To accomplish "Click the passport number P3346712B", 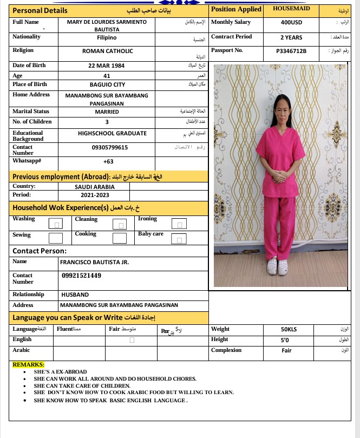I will (291, 51).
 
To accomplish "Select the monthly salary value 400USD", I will (291, 23).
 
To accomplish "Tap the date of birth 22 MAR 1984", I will (107, 66).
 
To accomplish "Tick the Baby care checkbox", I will (179, 238).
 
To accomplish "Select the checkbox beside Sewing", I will (55, 238).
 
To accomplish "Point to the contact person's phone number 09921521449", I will (82, 276).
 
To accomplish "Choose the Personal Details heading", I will (40, 10).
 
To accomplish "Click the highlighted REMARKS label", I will (28, 365).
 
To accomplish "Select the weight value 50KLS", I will (289, 329).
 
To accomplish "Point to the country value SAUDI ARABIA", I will (94, 187).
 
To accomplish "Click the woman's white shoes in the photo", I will (279, 266).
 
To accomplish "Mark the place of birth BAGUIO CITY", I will (107, 85).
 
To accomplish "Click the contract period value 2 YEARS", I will (291, 38).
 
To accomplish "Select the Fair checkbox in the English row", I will (132, 340).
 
